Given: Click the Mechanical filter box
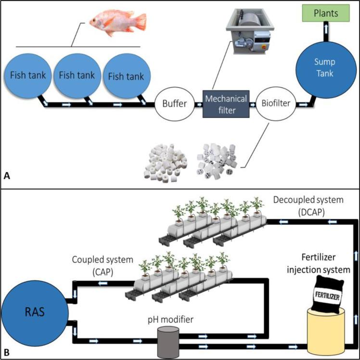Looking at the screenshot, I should (226, 103).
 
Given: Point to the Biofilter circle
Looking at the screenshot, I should (275, 102).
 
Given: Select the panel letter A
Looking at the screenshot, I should (6, 177).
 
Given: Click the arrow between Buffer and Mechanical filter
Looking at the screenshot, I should (199, 103).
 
